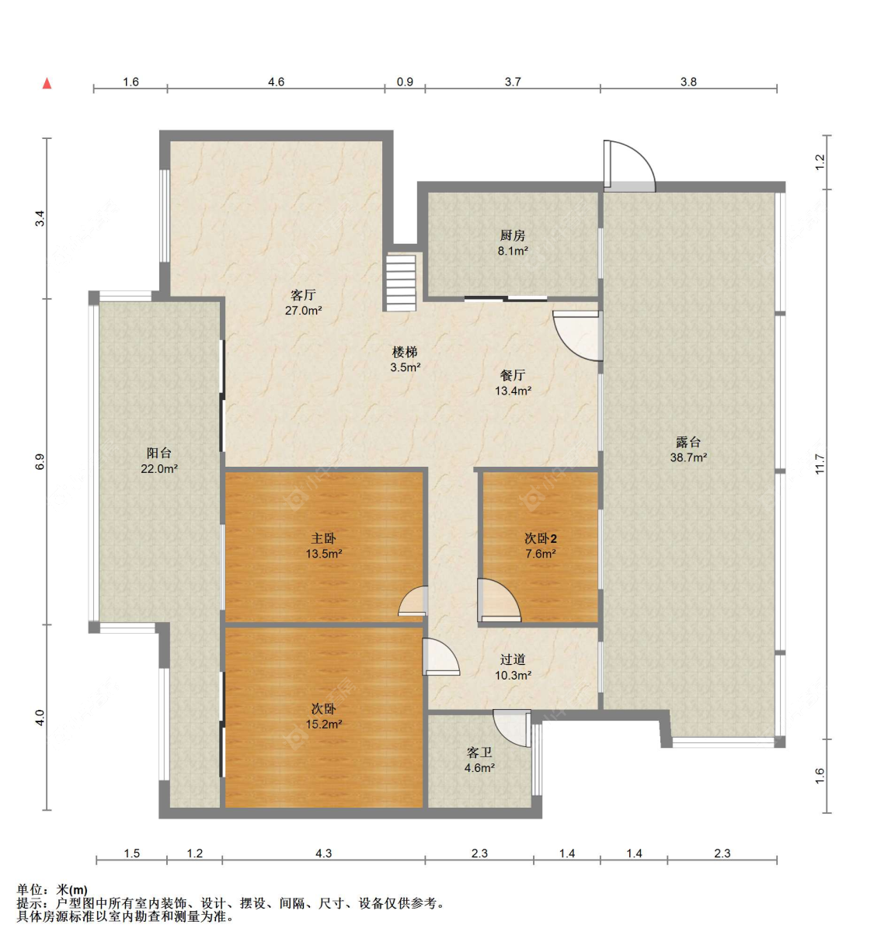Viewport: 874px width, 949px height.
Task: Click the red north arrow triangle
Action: (47, 84)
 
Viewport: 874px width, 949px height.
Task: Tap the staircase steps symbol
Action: (401, 283)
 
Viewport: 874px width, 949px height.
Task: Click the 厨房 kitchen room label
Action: (512, 235)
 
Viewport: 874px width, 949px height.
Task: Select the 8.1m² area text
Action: (512, 251)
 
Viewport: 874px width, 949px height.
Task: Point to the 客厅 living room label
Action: (303, 295)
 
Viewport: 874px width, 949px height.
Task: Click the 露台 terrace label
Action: (688, 443)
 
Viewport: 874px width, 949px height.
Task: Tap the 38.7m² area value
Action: (688, 457)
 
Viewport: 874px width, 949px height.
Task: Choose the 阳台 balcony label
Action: (158, 454)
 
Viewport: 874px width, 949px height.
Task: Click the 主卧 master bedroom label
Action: (323, 538)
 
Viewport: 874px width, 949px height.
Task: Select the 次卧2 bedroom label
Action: (540, 538)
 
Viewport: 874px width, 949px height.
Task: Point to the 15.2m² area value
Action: (324, 725)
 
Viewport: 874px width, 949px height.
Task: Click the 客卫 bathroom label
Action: (479, 753)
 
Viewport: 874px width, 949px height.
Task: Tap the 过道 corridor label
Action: (513, 659)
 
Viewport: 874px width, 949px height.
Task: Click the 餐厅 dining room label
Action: (513, 375)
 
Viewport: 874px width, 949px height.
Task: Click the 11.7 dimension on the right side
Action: (820, 464)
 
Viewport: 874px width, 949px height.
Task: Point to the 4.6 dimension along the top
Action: (276, 82)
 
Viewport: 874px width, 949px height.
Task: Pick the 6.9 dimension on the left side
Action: (40, 461)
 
